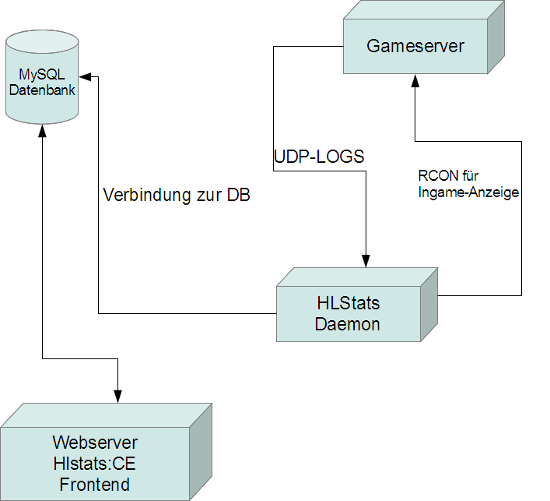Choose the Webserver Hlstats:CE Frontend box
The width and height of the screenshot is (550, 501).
pyautogui.click(x=96, y=464)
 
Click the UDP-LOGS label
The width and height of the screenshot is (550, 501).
pyautogui.click(x=319, y=157)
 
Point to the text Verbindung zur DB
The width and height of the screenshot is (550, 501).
pyautogui.click(x=177, y=196)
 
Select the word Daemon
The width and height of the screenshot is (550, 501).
pyautogui.click(x=348, y=324)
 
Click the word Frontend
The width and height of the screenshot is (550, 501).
pyautogui.click(x=95, y=485)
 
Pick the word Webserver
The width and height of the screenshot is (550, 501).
pyautogui.click(x=95, y=443)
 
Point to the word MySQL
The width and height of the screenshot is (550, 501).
pyautogui.click(x=42, y=75)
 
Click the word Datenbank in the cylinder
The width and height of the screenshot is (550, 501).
pyautogui.click(x=42, y=90)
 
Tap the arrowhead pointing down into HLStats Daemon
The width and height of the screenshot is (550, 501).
pyautogui.click(x=365, y=260)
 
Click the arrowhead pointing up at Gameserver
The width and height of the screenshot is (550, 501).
pyautogui.click(x=415, y=81)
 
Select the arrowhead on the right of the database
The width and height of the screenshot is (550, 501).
pyautogui.click(x=87, y=76)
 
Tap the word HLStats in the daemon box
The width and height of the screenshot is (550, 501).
pyautogui.click(x=348, y=302)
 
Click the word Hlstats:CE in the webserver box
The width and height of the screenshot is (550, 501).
pyautogui.click(x=95, y=464)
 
